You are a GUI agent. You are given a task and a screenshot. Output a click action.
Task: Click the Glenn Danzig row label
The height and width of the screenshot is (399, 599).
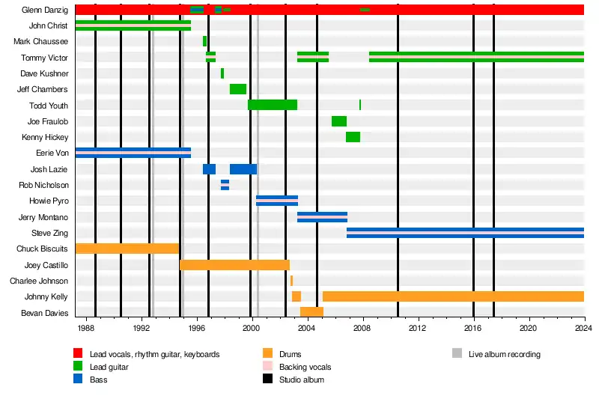46,10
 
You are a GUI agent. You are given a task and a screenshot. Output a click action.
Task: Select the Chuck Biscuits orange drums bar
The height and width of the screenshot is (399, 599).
127,249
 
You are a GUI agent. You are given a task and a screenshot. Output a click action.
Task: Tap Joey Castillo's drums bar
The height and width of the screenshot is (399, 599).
234,265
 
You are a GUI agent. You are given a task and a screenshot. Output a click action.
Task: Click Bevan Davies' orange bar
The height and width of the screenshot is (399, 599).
311,312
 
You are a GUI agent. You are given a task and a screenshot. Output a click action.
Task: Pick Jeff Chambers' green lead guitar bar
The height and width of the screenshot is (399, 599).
238,89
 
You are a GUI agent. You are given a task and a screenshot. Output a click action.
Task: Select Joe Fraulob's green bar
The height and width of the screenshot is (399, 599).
339,121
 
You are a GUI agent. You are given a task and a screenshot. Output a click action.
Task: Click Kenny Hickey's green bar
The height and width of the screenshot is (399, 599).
353,137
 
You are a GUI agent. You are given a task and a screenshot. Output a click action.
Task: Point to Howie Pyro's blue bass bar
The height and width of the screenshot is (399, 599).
277,201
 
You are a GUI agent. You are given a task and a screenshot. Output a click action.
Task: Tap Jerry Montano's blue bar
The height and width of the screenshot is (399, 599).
322,217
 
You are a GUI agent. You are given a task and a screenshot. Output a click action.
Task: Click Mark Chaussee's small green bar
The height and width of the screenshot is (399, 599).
204,41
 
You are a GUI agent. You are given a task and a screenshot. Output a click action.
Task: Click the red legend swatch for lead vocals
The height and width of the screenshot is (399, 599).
78,353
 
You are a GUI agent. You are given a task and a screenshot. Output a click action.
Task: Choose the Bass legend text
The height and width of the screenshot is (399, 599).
98,380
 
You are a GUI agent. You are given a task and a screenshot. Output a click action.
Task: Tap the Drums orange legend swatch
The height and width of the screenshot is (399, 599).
267,353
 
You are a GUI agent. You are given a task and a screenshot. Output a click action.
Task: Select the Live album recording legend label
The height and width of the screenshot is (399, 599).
504,354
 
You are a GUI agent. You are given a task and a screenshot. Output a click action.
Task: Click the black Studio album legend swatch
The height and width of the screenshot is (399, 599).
267,380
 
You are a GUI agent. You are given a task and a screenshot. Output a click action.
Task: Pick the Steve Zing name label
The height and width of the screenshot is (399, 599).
49,234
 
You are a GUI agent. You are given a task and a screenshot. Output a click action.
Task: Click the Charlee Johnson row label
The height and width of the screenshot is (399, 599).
39,281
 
